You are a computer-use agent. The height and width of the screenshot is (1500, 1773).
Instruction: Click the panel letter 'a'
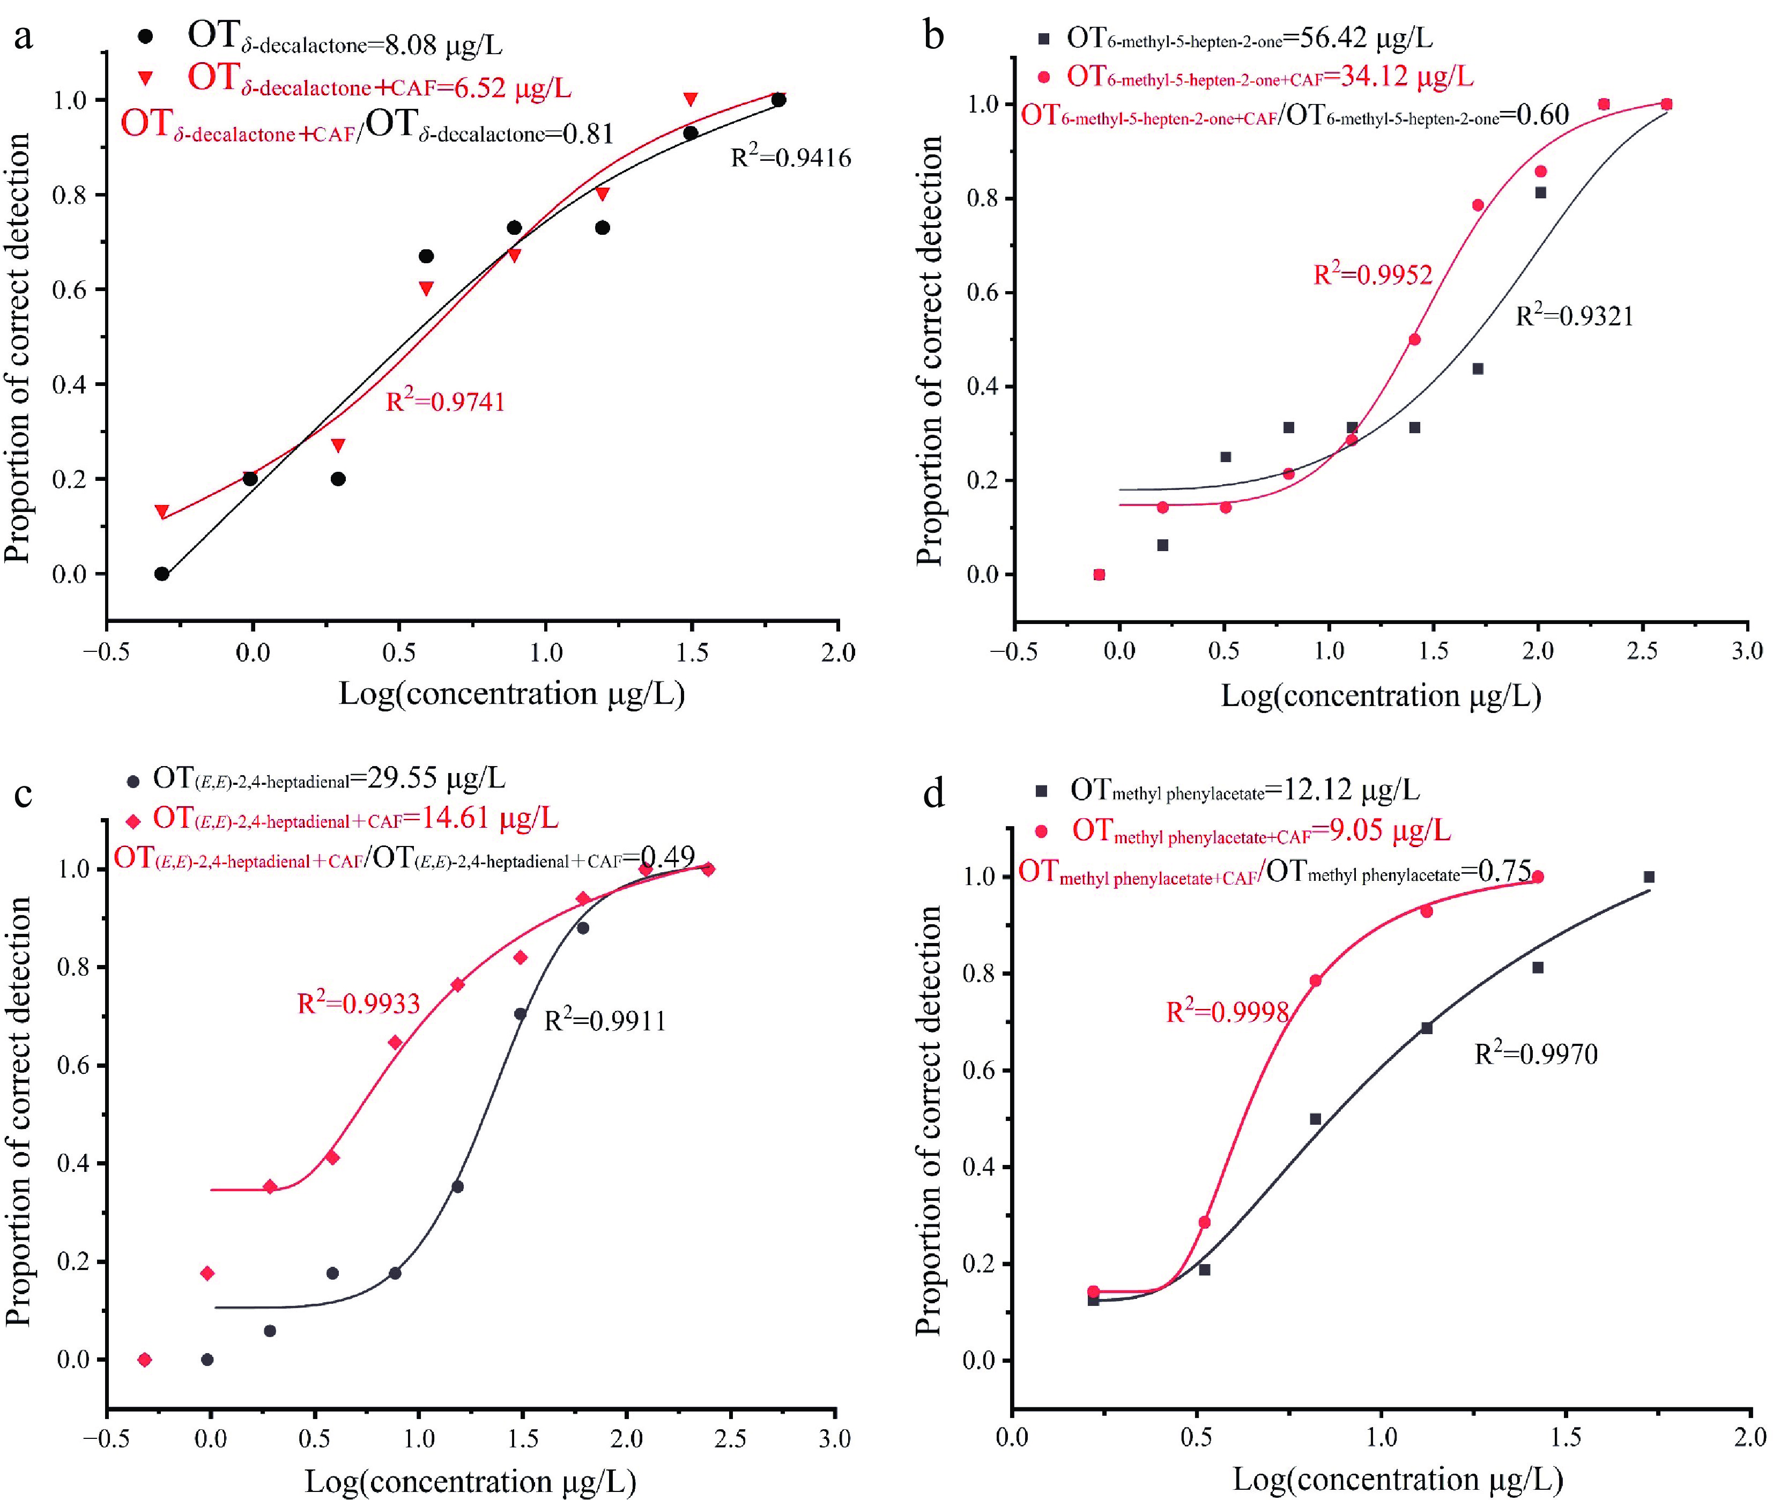click(x=24, y=38)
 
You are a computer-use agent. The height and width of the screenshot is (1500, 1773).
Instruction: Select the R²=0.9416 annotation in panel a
click(x=791, y=157)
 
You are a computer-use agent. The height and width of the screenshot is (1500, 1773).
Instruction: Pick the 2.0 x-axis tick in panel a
click(x=839, y=653)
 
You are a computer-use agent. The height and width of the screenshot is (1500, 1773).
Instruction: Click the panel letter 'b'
click(x=934, y=38)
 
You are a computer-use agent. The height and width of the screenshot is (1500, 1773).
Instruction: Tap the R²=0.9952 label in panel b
click(x=1373, y=274)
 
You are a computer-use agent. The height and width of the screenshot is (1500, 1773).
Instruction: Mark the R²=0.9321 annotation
click(x=1574, y=316)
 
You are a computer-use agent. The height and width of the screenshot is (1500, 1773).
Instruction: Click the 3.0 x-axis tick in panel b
click(x=1747, y=651)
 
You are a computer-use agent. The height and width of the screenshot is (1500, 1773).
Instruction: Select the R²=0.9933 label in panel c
click(x=358, y=1004)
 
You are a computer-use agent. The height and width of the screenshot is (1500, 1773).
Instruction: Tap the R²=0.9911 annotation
click(x=605, y=1020)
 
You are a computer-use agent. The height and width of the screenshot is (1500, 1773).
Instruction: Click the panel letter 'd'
click(x=934, y=794)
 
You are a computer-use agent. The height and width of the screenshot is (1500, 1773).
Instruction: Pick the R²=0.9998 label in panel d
click(x=1228, y=1012)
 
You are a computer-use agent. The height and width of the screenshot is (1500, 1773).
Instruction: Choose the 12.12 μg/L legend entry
click(x=1244, y=790)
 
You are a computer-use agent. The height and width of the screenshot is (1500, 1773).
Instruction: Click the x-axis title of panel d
click(x=1397, y=1479)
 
